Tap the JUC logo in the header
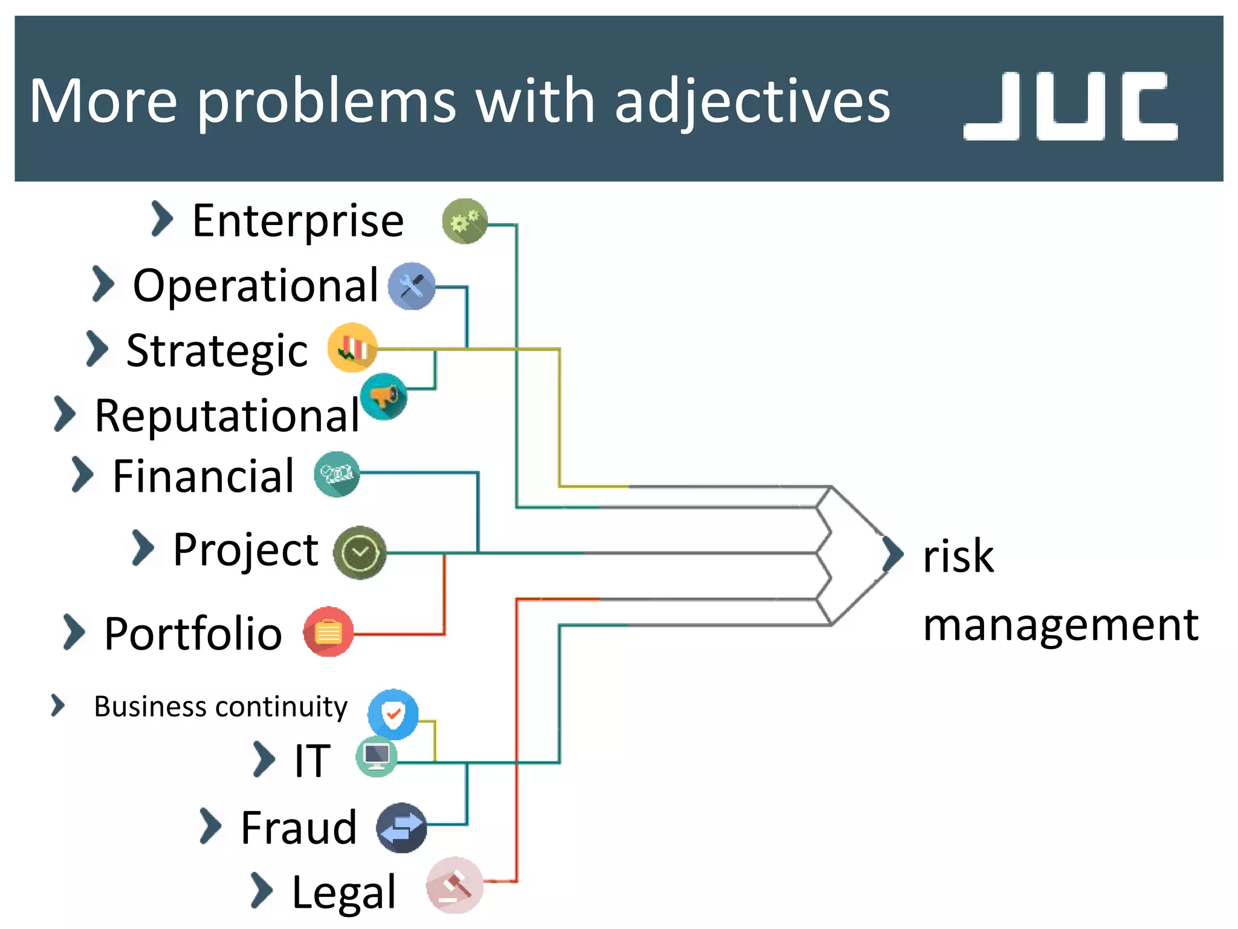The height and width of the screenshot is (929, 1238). (1070, 106)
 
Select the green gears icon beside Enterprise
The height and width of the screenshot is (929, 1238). (464, 221)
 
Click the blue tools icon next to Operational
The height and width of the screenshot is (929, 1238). (412, 286)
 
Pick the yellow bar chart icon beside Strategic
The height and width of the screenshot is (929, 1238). (352, 348)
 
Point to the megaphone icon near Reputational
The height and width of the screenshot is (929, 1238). (384, 397)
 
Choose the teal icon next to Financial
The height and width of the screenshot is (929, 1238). (337, 474)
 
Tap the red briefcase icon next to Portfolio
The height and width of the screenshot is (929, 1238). (328, 632)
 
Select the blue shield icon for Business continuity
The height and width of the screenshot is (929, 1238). (393, 714)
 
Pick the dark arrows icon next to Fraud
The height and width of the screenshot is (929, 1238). (401, 827)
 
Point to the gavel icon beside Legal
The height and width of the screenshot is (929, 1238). (455, 885)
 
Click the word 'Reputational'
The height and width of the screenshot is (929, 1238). (227, 416)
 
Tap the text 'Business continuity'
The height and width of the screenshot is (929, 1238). (221, 706)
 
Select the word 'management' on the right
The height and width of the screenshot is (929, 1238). (1060, 625)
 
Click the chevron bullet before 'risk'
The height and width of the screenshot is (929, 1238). (892, 554)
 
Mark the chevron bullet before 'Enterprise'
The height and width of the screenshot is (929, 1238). (161, 219)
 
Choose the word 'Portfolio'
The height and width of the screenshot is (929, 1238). (193, 634)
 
